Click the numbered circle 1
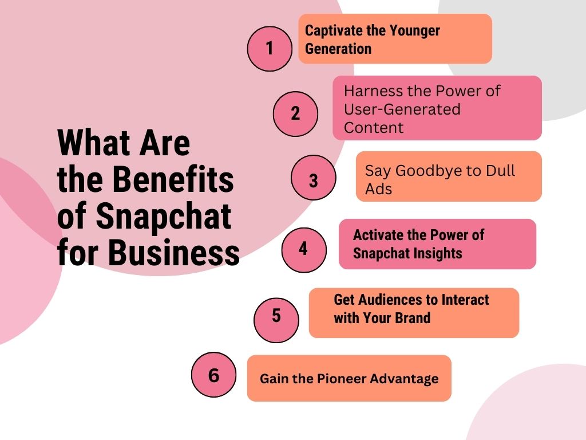(x=270, y=49)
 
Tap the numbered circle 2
(x=296, y=114)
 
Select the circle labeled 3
(x=314, y=178)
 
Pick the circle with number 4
(x=304, y=250)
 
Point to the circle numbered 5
(x=276, y=320)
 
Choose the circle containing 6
(x=214, y=375)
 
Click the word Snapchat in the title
(x=164, y=217)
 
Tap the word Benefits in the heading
(x=173, y=179)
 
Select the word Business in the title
(x=174, y=252)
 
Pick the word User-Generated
(x=402, y=109)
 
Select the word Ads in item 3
(x=379, y=189)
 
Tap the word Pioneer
(x=336, y=379)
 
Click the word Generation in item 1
(x=338, y=49)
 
